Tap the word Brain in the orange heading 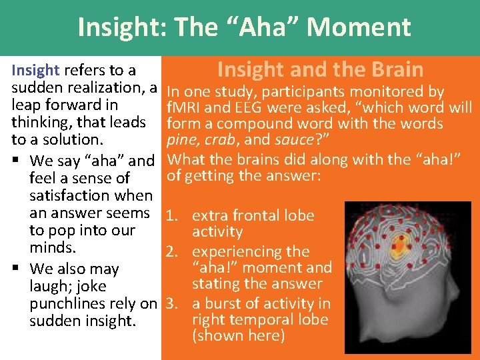395,69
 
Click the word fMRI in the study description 186,107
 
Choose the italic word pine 181,140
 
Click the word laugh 50,287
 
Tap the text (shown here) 238,335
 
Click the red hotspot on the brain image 401,241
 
